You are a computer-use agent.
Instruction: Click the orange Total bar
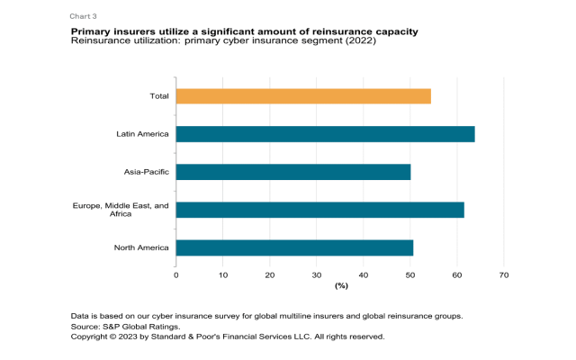[303, 96]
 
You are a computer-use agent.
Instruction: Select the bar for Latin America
[325, 134]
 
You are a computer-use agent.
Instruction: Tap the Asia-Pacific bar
[293, 172]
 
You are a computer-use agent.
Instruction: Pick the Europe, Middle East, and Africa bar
[319, 210]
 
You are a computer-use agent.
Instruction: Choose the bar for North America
[294, 247]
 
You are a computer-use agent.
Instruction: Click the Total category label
[158, 96]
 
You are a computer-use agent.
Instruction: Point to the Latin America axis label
[142, 134]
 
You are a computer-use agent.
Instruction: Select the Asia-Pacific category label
[146, 172]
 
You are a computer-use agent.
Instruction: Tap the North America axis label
[141, 247]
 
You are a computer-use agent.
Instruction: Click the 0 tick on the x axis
[176, 274]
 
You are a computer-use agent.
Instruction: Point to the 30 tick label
[317, 274]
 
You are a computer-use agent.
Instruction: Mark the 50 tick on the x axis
[410, 274]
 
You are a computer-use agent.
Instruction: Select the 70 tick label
[504, 274]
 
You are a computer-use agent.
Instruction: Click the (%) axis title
[341, 285]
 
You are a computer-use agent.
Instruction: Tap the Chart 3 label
[84, 16]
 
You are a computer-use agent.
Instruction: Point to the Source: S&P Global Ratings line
[125, 327]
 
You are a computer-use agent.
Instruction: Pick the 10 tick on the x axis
[223, 274]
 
